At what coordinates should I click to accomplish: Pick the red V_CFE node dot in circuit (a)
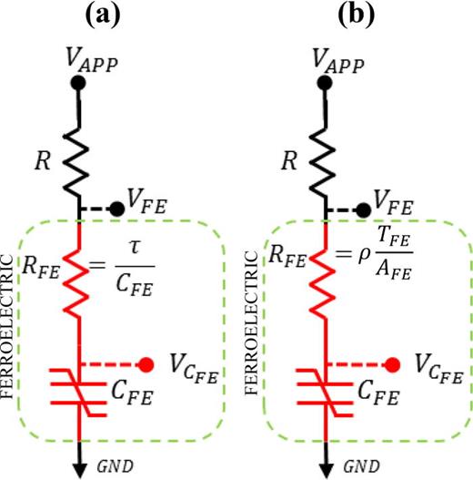pos(146,365)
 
